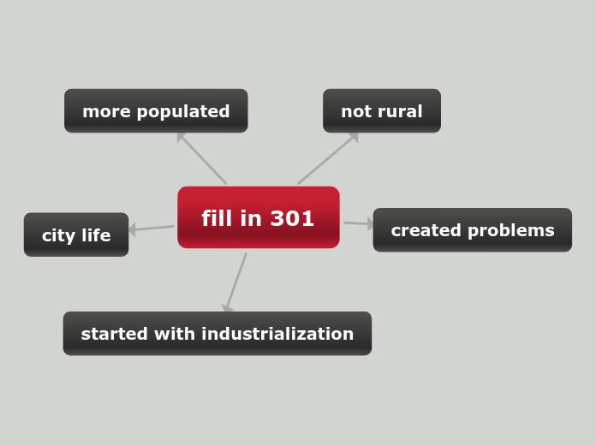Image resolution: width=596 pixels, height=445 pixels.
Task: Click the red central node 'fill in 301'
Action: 258,217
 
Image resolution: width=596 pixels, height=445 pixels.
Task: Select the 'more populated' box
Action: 156,111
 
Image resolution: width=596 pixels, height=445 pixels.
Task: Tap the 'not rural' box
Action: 381,111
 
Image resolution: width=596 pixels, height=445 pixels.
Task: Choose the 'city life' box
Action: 76,235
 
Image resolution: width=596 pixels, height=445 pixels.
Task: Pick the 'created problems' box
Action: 472,230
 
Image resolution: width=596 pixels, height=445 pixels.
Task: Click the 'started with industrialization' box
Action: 217,334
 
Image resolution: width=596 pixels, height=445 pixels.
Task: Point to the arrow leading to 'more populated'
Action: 202,158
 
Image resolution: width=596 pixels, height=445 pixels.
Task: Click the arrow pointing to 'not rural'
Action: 328,158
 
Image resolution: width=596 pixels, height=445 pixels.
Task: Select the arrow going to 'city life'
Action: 152,228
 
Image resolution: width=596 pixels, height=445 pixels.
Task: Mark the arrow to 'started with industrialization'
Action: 235,282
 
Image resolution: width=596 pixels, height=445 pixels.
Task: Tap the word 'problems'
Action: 514,231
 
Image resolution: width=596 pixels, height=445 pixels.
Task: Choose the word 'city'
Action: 57,235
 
